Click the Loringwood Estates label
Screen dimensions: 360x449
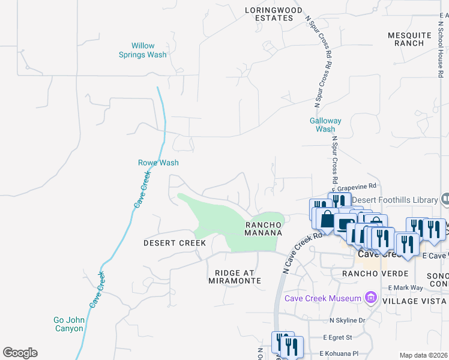270,14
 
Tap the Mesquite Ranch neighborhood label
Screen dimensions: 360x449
409,39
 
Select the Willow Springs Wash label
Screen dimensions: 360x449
149,50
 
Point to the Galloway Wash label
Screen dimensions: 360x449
325,125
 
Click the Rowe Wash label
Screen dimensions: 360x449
158,163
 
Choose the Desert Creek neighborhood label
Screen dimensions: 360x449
175,243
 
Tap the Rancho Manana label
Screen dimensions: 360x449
263,228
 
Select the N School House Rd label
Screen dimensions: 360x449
441,47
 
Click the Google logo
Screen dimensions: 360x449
20,353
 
